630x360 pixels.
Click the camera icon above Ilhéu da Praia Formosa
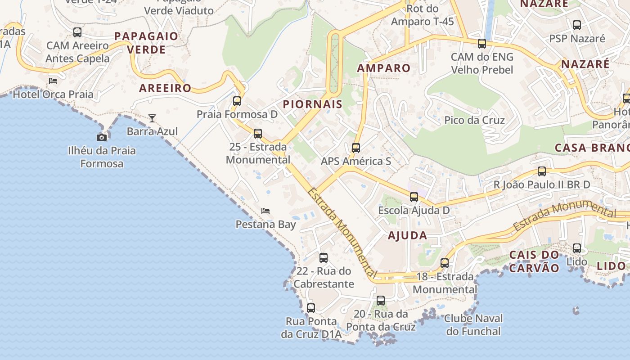tap(102, 137)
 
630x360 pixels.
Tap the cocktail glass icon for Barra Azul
tap(152, 118)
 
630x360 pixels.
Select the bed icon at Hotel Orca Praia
tap(53, 81)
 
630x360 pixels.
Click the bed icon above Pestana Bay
tap(265, 211)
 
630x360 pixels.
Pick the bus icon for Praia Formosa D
tap(237, 101)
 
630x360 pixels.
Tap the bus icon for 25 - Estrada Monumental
tap(258, 134)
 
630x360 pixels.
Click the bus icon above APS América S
tap(356, 148)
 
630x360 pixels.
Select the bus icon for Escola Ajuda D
tap(414, 197)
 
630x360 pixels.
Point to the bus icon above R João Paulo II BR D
tap(542, 171)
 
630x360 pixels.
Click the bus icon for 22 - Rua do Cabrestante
tap(324, 258)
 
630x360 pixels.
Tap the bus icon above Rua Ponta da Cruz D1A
tap(311, 308)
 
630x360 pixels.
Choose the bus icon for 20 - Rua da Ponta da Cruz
tap(381, 301)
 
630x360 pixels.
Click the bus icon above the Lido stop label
tap(577, 248)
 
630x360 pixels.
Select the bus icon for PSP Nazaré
tap(577, 25)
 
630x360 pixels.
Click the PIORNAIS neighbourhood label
tap(313, 104)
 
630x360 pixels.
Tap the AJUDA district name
tap(408, 235)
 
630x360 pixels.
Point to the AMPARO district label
tap(384, 68)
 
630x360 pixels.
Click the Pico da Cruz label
tap(474, 120)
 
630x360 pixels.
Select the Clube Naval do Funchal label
tap(473, 325)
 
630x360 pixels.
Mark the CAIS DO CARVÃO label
tap(534, 261)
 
